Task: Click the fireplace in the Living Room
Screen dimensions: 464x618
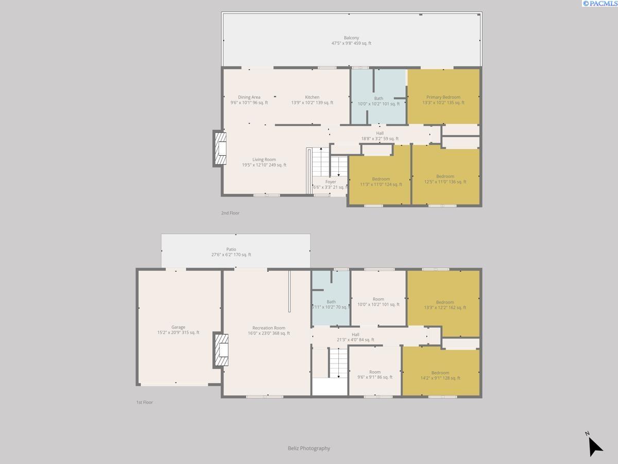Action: [x=220, y=148]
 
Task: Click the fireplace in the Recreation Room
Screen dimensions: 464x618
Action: [x=221, y=350]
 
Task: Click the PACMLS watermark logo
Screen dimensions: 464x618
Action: [x=599, y=4]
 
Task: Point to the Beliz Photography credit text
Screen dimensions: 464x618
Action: [x=309, y=449]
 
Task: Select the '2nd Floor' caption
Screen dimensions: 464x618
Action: [x=230, y=213]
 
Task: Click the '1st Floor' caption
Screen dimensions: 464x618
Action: [x=144, y=402]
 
